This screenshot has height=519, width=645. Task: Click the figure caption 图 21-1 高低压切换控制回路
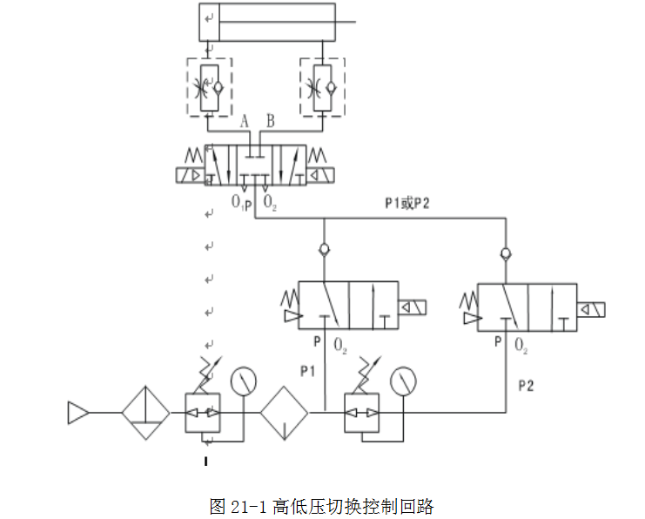point(321,506)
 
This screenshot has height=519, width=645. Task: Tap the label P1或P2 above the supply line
point(406,203)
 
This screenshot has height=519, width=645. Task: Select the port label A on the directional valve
point(245,121)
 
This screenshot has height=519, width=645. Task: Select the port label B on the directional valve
point(270,121)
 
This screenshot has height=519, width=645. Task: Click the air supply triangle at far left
point(77,413)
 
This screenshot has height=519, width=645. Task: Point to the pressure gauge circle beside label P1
point(244,381)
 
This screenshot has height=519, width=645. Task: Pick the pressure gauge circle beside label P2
point(403,381)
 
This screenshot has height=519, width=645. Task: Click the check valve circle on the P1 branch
point(325,249)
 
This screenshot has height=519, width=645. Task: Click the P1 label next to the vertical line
point(307,372)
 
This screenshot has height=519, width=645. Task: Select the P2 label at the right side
point(526,386)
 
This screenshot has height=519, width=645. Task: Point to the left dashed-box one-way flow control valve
point(210,87)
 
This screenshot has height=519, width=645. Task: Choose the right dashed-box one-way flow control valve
point(322,87)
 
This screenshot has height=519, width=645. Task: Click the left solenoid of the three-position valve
point(191,175)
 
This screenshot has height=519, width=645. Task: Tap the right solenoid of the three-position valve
point(320,175)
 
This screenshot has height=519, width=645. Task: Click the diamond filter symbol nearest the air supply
point(145,413)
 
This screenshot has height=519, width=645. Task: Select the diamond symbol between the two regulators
point(285,413)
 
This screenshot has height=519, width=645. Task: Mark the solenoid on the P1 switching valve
point(413,307)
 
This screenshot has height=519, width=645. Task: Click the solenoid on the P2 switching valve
point(591,310)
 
